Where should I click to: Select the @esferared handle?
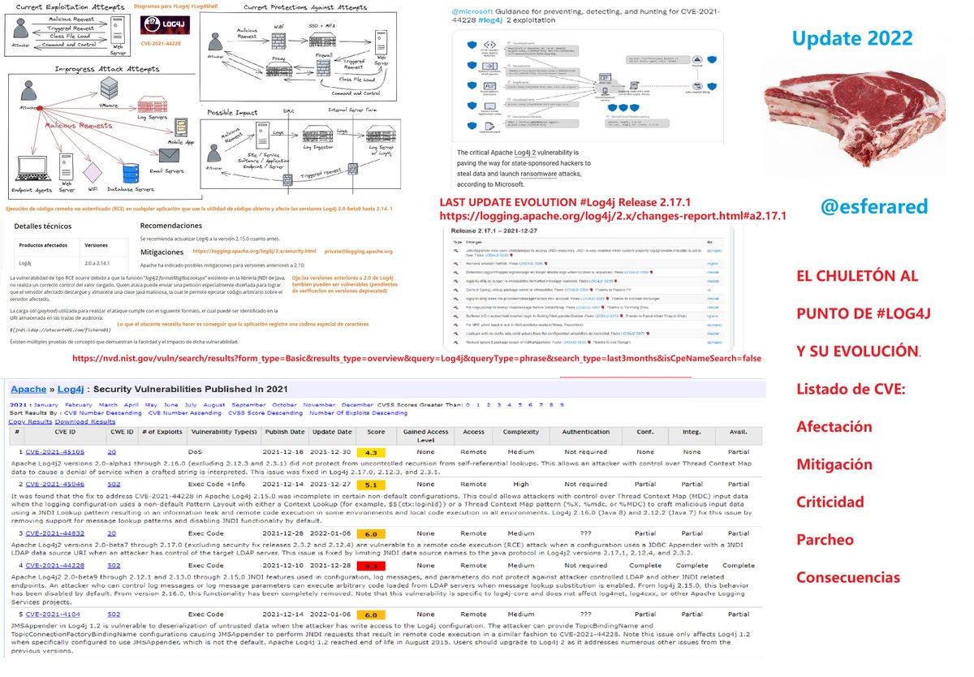[873, 206]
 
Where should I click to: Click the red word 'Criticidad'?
[830, 502]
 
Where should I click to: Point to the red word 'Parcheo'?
[824, 539]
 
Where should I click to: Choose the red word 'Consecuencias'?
[847, 577]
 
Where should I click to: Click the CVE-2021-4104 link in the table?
[51, 615]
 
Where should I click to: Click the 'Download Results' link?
[85, 421]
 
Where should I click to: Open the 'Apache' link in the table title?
[28, 390]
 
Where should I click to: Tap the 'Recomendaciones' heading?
[170, 226]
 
